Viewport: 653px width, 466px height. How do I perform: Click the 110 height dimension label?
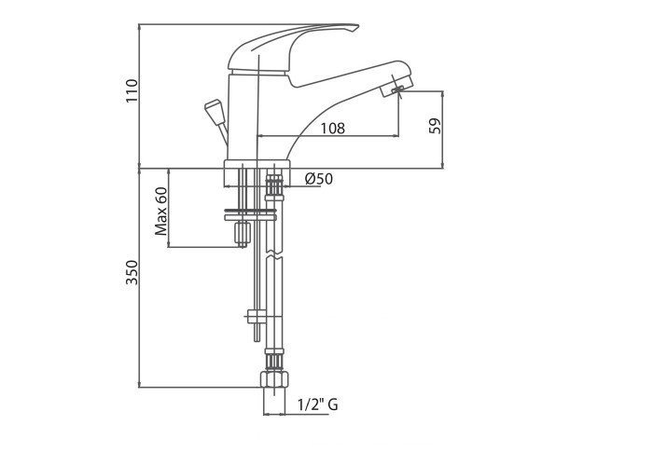(x=132, y=90)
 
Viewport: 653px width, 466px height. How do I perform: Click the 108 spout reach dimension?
(x=332, y=129)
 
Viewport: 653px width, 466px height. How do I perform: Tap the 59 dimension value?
(x=435, y=126)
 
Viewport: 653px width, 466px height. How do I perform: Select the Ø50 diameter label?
(x=319, y=179)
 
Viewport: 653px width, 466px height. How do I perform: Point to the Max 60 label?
(x=161, y=211)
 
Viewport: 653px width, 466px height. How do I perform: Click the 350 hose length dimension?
(x=132, y=272)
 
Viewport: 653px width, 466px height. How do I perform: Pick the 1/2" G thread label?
(x=318, y=404)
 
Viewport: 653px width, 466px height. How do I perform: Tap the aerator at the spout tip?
(x=396, y=87)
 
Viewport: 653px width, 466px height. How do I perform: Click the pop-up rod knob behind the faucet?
(x=214, y=111)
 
